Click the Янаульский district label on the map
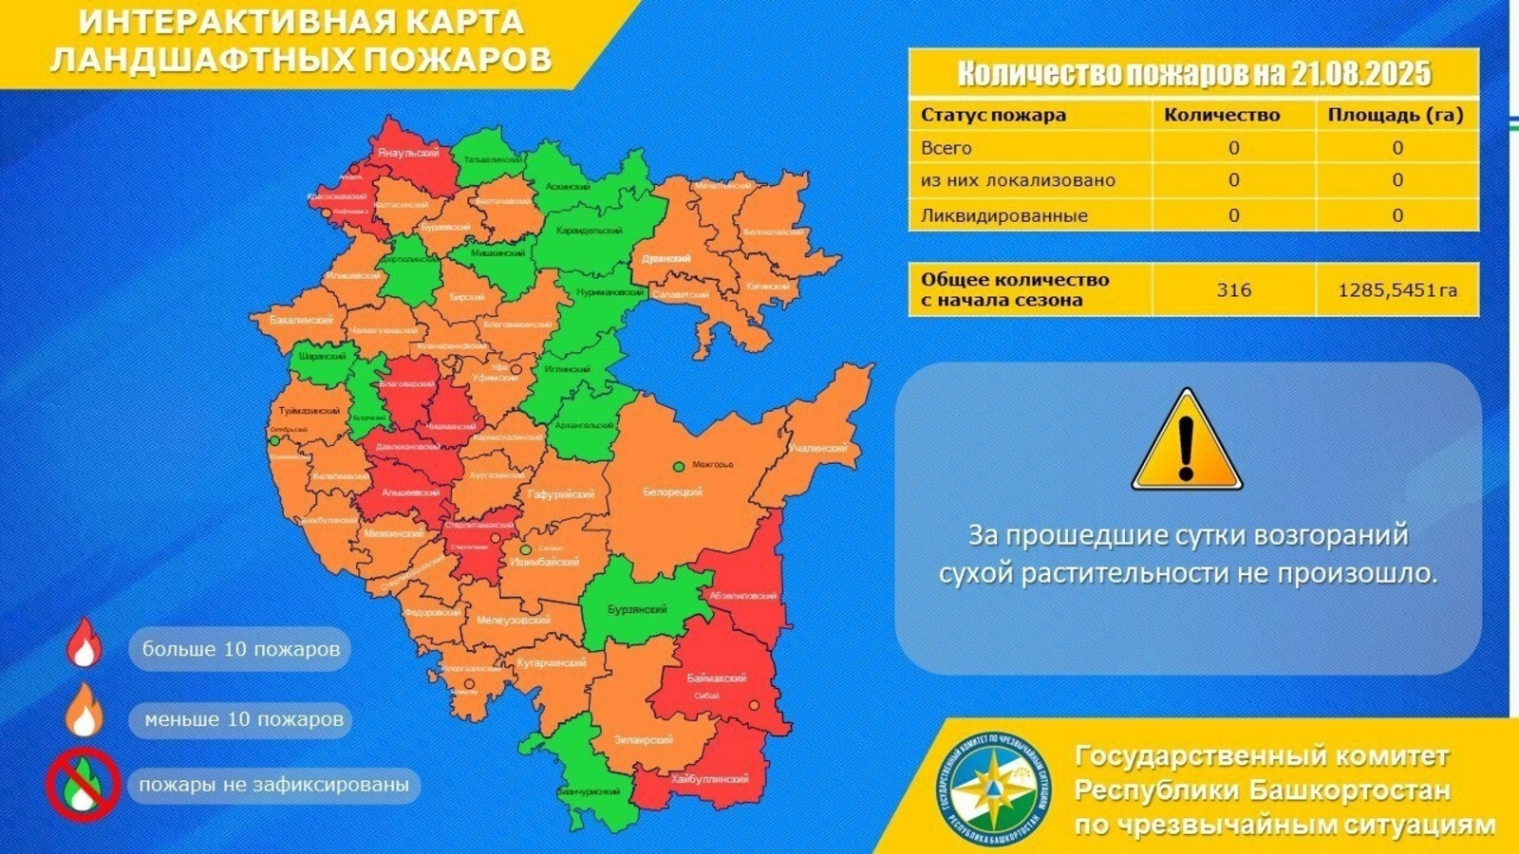point(408,153)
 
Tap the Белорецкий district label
point(672,492)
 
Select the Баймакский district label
point(716,678)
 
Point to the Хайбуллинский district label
point(709,778)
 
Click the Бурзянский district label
point(637,609)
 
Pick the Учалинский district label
point(816,448)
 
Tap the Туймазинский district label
point(309,411)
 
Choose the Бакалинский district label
point(301,321)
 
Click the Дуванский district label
point(666,258)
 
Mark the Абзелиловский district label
point(743,596)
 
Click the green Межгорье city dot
point(679,466)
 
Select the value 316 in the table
point(1233,290)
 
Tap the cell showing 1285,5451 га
point(1397,290)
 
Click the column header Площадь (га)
point(1396,115)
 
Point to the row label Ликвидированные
point(1003,215)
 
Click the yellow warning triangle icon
point(1186,441)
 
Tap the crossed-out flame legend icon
point(84,785)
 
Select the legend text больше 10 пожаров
point(240,650)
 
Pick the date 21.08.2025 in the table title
point(1360,73)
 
